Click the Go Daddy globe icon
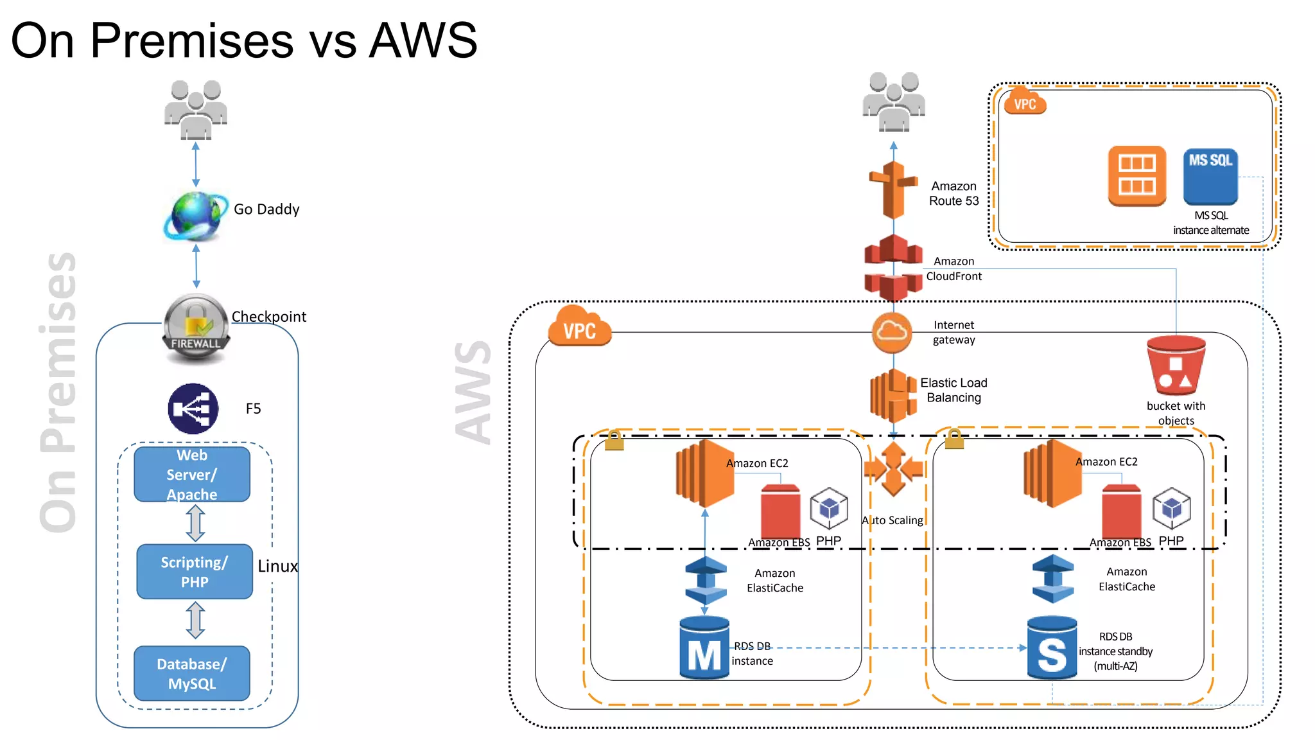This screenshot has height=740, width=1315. coord(195,216)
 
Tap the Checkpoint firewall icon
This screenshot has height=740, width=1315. coord(196,328)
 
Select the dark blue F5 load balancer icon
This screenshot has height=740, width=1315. coord(193,409)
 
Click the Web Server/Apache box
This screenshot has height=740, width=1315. coord(192,475)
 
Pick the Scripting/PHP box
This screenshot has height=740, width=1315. coord(195,572)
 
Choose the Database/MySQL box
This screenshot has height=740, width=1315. coord(192,673)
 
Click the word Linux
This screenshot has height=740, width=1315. coord(277,566)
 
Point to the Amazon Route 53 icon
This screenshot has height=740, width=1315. coord(893,191)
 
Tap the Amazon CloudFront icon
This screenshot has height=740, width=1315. coord(893,268)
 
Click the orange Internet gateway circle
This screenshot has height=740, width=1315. coord(892,332)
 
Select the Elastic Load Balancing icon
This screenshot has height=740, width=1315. coord(893,395)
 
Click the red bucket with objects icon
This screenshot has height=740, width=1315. coord(1176,366)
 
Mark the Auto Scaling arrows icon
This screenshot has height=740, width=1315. coord(893,470)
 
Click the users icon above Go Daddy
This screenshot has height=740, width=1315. coord(195,110)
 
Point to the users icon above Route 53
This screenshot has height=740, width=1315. coord(893,102)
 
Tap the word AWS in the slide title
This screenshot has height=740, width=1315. coord(424,40)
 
